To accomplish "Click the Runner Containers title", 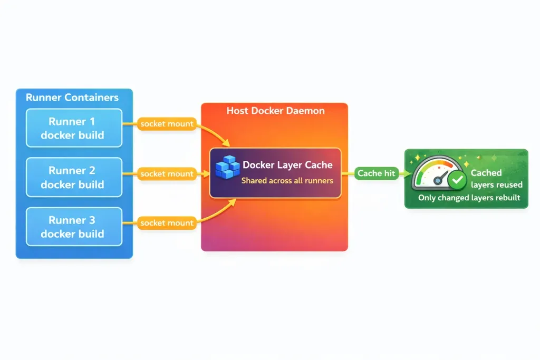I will coord(72,98).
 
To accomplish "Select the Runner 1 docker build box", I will coord(74,128).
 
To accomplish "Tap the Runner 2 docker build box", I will coord(74,177).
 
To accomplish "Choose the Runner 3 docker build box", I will coord(74,227).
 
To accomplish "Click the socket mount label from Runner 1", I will coord(167,124).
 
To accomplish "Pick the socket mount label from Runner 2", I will coord(167,173).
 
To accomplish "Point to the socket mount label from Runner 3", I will coord(167,223).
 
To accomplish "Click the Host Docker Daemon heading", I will coord(275,111).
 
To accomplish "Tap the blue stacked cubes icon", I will coord(227,167).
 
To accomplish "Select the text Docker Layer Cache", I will coord(287,165).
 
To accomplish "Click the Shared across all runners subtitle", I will coord(287,181).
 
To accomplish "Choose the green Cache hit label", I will coord(376,173).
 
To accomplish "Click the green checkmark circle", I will coord(456,181).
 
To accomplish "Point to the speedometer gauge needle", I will coord(441,177).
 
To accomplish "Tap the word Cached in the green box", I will coord(486,172).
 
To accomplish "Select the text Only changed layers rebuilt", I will coord(469,198).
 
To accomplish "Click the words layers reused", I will coord(496,184).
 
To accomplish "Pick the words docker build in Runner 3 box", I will coord(72,233).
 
